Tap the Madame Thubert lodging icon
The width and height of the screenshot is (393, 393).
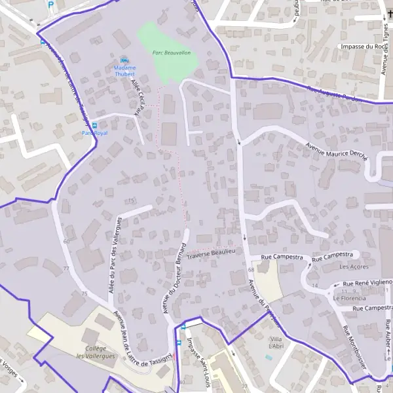(124, 60)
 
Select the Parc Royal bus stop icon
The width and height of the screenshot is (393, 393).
(94, 125)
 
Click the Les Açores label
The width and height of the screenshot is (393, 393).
(354, 267)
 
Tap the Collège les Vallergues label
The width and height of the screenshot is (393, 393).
(96, 352)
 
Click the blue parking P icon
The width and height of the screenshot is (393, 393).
(51, 5)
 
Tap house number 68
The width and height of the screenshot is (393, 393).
(251, 270)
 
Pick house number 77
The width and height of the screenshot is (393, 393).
(66, 269)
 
